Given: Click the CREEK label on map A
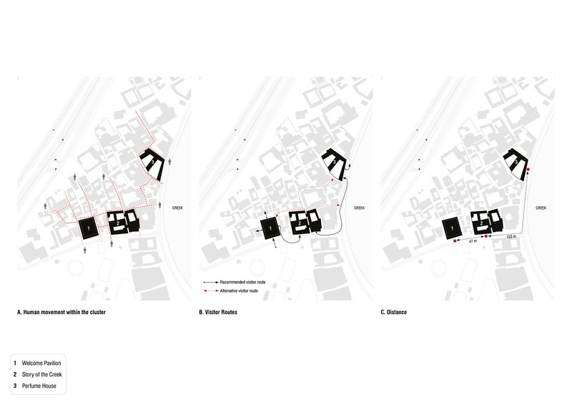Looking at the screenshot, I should click(x=177, y=208).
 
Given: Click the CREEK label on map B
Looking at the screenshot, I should click(x=360, y=208).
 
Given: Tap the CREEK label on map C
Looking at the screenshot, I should click(x=542, y=208).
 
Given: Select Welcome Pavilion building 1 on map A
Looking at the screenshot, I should click(x=88, y=228).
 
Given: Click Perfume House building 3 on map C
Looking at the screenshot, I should click(x=516, y=162).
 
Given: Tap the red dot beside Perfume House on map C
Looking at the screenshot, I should click(x=528, y=171).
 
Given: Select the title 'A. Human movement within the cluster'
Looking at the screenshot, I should click(x=62, y=313).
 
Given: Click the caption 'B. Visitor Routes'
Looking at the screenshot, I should click(x=217, y=313).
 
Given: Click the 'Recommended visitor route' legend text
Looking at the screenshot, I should click(x=243, y=283).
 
